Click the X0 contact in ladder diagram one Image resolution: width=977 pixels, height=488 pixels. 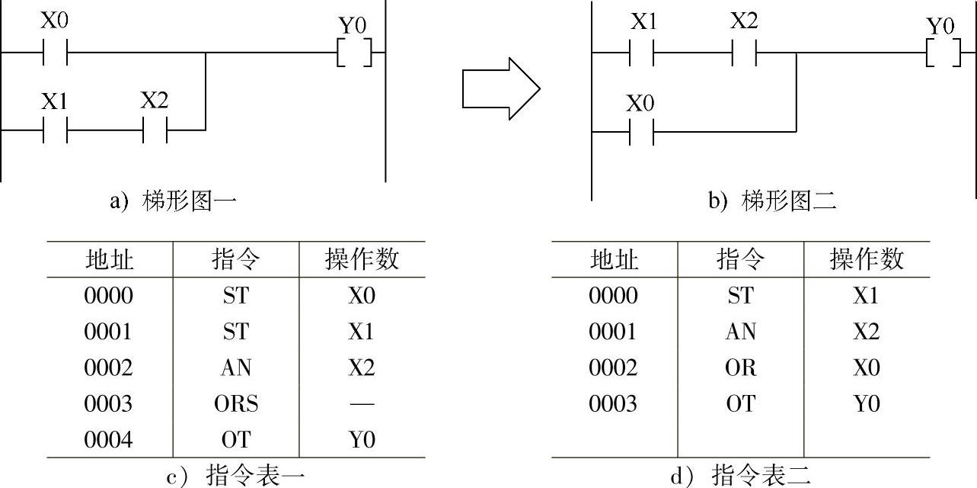coord(55,53)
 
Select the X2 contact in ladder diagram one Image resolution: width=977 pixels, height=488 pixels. coord(155,130)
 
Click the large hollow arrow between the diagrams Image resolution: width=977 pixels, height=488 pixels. coord(501,89)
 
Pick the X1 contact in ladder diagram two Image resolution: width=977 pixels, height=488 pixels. coord(642,53)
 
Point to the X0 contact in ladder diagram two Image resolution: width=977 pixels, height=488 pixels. coord(641,132)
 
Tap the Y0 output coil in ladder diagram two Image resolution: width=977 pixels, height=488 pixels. coord(942,53)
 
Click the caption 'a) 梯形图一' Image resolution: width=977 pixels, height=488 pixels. coord(174,201)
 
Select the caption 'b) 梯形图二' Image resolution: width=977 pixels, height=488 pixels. coord(773,201)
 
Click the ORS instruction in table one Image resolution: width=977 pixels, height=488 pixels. coord(236,403)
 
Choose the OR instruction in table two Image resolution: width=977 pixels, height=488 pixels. coord(740,368)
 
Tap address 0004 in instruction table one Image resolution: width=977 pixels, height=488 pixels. coord(108,439)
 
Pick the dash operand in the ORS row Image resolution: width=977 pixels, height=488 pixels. coord(362,403)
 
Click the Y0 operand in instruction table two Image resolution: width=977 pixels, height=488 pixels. coord(866,403)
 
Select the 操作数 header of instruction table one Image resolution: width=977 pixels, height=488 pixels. coord(362,260)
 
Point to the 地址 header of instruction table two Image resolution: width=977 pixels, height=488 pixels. coord(613,260)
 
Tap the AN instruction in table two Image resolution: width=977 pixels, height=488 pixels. coord(740,332)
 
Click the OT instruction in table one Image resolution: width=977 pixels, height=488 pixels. coord(236,439)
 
